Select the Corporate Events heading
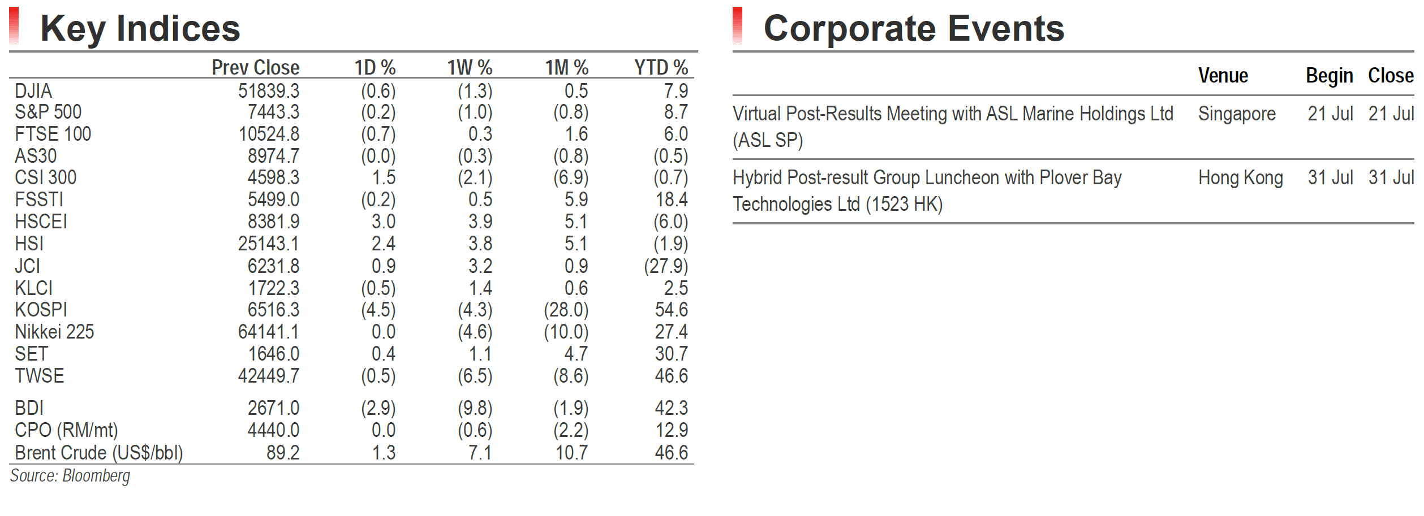pyautogui.click(x=914, y=28)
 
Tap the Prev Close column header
pyautogui.click(x=256, y=68)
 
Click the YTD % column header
pyautogui.click(x=661, y=68)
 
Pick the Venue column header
pyautogui.click(x=1223, y=76)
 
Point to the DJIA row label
pyautogui.click(x=33, y=91)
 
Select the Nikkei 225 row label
pyautogui.click(x=54, y=332)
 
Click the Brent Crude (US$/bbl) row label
pyautogui.click(x=99, y=453)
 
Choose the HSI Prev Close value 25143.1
pyautogui.click(x=269, y=244)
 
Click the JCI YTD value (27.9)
pyautogui.click(x=666, y=266)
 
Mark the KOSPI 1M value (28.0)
pyautogui.click(x=566, y=310)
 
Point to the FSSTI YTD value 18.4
pyautogui.click(x=672, y=200)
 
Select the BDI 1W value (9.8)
pyautogui.click(x=475, y=408)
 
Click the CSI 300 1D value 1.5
pyautogui.click(x=384, y=177)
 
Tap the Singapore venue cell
pyautogui.click(x=1237, y=114)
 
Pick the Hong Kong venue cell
pyautogui.click(x=1241, y=178)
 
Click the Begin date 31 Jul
pyautogui.click(x=1330, y=177)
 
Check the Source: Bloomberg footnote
pyautogui.click(x=70, y=476)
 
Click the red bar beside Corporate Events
pyautogui.click(x=737, y=26)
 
